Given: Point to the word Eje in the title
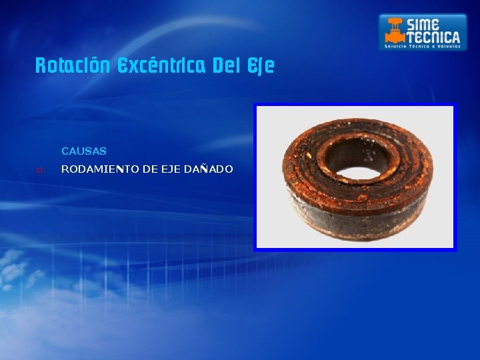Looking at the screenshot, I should (261, 67).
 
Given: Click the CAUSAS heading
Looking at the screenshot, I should (84, 152).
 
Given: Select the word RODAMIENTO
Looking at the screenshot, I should (97, 169).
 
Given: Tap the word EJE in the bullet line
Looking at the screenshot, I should (169, 169).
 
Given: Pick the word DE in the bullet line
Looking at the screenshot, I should (147, 169).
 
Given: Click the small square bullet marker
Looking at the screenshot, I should (39, 170).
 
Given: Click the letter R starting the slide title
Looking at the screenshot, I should (40, 66).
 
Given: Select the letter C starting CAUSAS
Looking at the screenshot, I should (65, 152).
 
